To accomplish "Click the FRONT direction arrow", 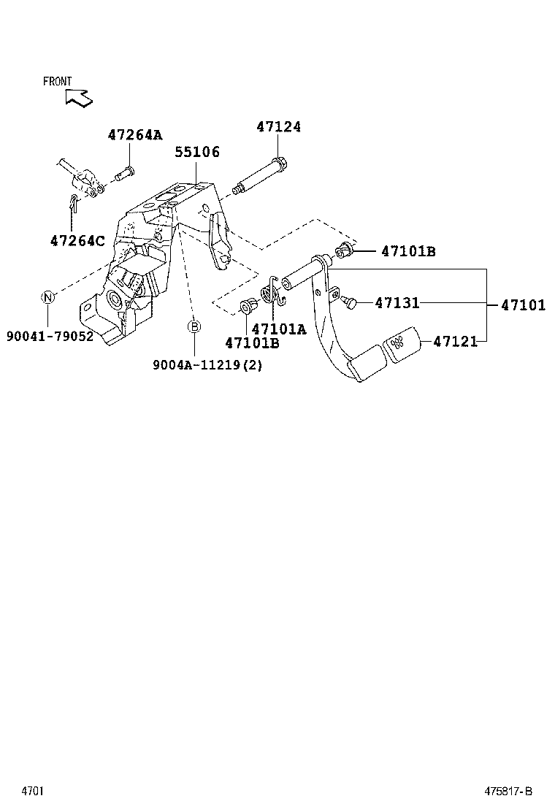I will pyautogui.click(x=78, y=97).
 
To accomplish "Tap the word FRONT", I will pyautogui.click(x=58, y=82).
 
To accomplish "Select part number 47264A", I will pyautogui.click(x=135, y=135).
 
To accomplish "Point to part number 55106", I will pyautogui.click(x=197, y=153).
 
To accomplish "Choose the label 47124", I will pyautogui.click(x=278, y=127).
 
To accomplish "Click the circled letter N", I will pyautogui.click(x=47, y=296).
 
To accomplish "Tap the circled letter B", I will pyautogui.click(x=195, y=326).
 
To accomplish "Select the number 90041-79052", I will pyautogui.click(x=50, y=337).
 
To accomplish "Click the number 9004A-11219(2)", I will pyautogui.click(x=207, y=364).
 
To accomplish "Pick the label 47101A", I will pyautogui.click(x=279, y=329).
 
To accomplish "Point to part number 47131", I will pyautogui.click(x=397, y=302).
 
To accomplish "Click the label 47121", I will pyautogui.click(x=455, y=341).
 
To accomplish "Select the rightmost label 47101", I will pyautogui.click(x=523, y=305).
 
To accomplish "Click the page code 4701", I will pyautogui.click(x=32, y=791).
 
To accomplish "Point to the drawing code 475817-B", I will pyautogui.click(x=509, y=791).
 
